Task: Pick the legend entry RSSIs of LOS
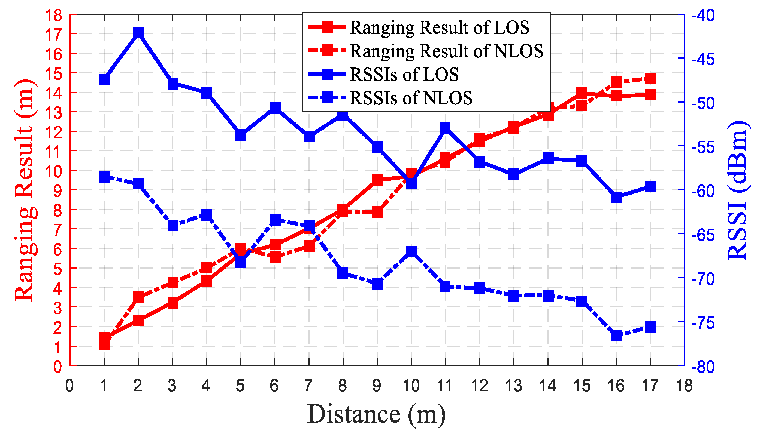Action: point(404,74)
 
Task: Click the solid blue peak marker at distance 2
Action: point(138,32)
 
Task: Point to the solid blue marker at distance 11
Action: point(445,128)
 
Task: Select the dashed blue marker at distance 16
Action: point(616,336)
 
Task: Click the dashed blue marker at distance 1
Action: point(104,177)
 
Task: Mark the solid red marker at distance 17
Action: point(650,95)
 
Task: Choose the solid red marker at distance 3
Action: point(173,303)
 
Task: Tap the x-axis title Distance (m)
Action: point(376,414)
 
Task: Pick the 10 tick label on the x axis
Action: point(411,386)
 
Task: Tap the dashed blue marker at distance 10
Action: point(412,251)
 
